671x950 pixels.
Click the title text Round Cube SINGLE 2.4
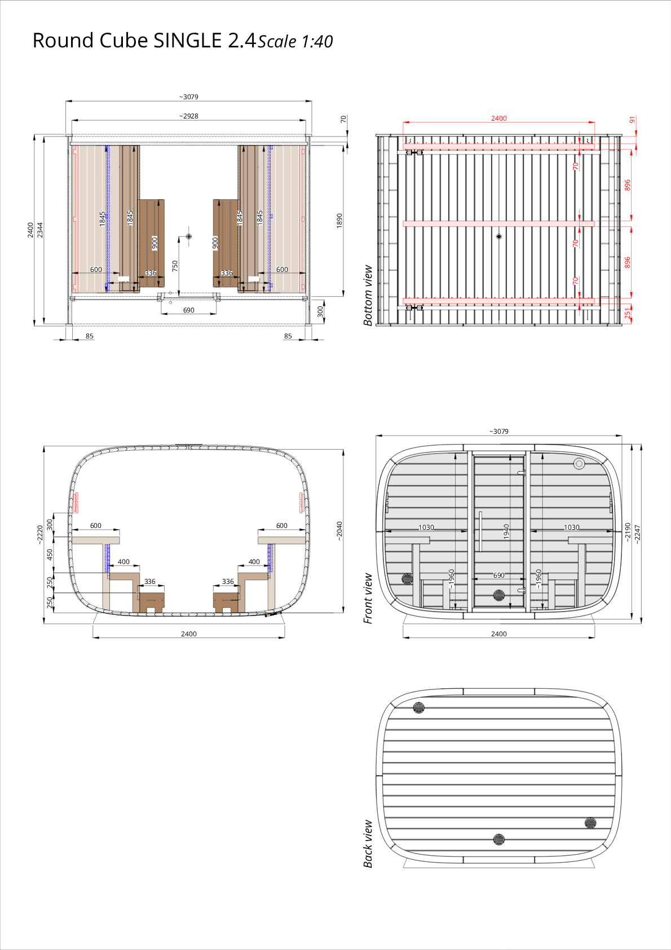coord(144,41)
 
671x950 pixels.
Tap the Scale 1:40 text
coord(295,42)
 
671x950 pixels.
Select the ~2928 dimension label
coord(189,116)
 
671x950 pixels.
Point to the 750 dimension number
coord(175,266)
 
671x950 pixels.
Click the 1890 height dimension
coord(339,221)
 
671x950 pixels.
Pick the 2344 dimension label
coord(40,230)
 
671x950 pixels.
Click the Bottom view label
coord(368,295)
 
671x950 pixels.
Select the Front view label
coord(368,599)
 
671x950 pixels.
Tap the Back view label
coord(368,843)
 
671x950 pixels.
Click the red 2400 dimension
coord(499,118)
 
